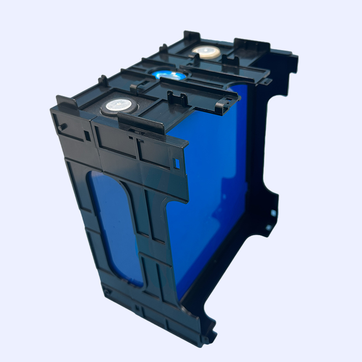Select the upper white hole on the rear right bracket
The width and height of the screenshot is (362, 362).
click(x=273, y=212)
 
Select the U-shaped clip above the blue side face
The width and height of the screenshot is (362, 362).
click(x=177, y=97)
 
